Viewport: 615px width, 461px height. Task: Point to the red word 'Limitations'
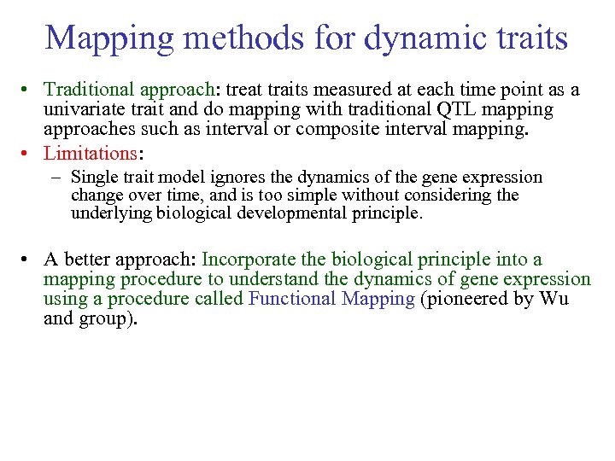point(91,154)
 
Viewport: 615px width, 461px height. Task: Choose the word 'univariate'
point(84,110)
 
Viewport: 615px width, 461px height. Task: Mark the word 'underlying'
point(111,213)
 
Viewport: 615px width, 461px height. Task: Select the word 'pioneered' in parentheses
point(474,299)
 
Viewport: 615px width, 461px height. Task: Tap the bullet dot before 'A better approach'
point(28,260)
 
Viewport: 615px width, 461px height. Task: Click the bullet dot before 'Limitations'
point(28,155)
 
